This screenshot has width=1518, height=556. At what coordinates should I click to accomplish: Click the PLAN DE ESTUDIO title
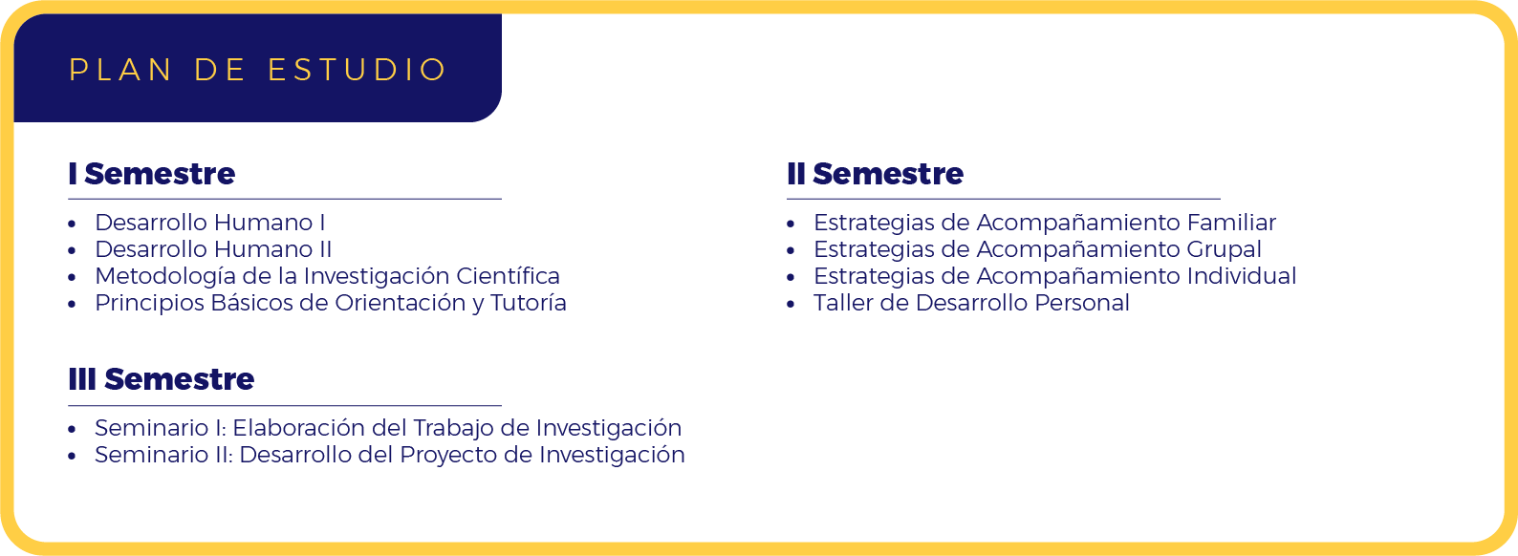[257, 70]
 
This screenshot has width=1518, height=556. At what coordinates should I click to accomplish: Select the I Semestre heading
[152, 174]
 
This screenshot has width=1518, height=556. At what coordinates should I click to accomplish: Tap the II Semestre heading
[875, 174]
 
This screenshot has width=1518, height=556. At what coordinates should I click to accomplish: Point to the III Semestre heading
[162, 379]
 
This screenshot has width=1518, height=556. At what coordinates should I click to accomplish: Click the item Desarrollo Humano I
[210, 223]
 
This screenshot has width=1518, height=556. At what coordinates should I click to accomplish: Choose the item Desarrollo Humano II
[213, 249]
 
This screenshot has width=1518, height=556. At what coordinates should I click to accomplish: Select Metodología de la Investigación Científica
[327, 276]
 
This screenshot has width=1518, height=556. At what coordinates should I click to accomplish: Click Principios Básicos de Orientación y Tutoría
[331, 304]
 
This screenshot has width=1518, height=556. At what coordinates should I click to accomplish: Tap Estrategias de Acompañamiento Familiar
[1045, 223]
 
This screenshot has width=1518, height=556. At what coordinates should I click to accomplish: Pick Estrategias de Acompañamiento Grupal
[1037, 249]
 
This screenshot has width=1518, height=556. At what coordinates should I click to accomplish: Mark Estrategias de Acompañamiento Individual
[1055, 276]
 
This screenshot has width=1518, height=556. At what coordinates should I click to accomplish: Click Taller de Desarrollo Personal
[972, 303]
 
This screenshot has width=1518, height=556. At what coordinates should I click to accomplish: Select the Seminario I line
[388, 428]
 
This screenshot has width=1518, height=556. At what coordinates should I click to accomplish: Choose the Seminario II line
[390, 455]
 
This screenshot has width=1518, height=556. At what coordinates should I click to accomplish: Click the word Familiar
[1231, 223]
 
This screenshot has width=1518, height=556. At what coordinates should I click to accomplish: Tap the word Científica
[509, 276]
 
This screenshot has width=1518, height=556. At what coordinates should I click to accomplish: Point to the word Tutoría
[529, 303]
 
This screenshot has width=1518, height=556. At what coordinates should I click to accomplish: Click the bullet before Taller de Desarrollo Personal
[791, 304]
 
